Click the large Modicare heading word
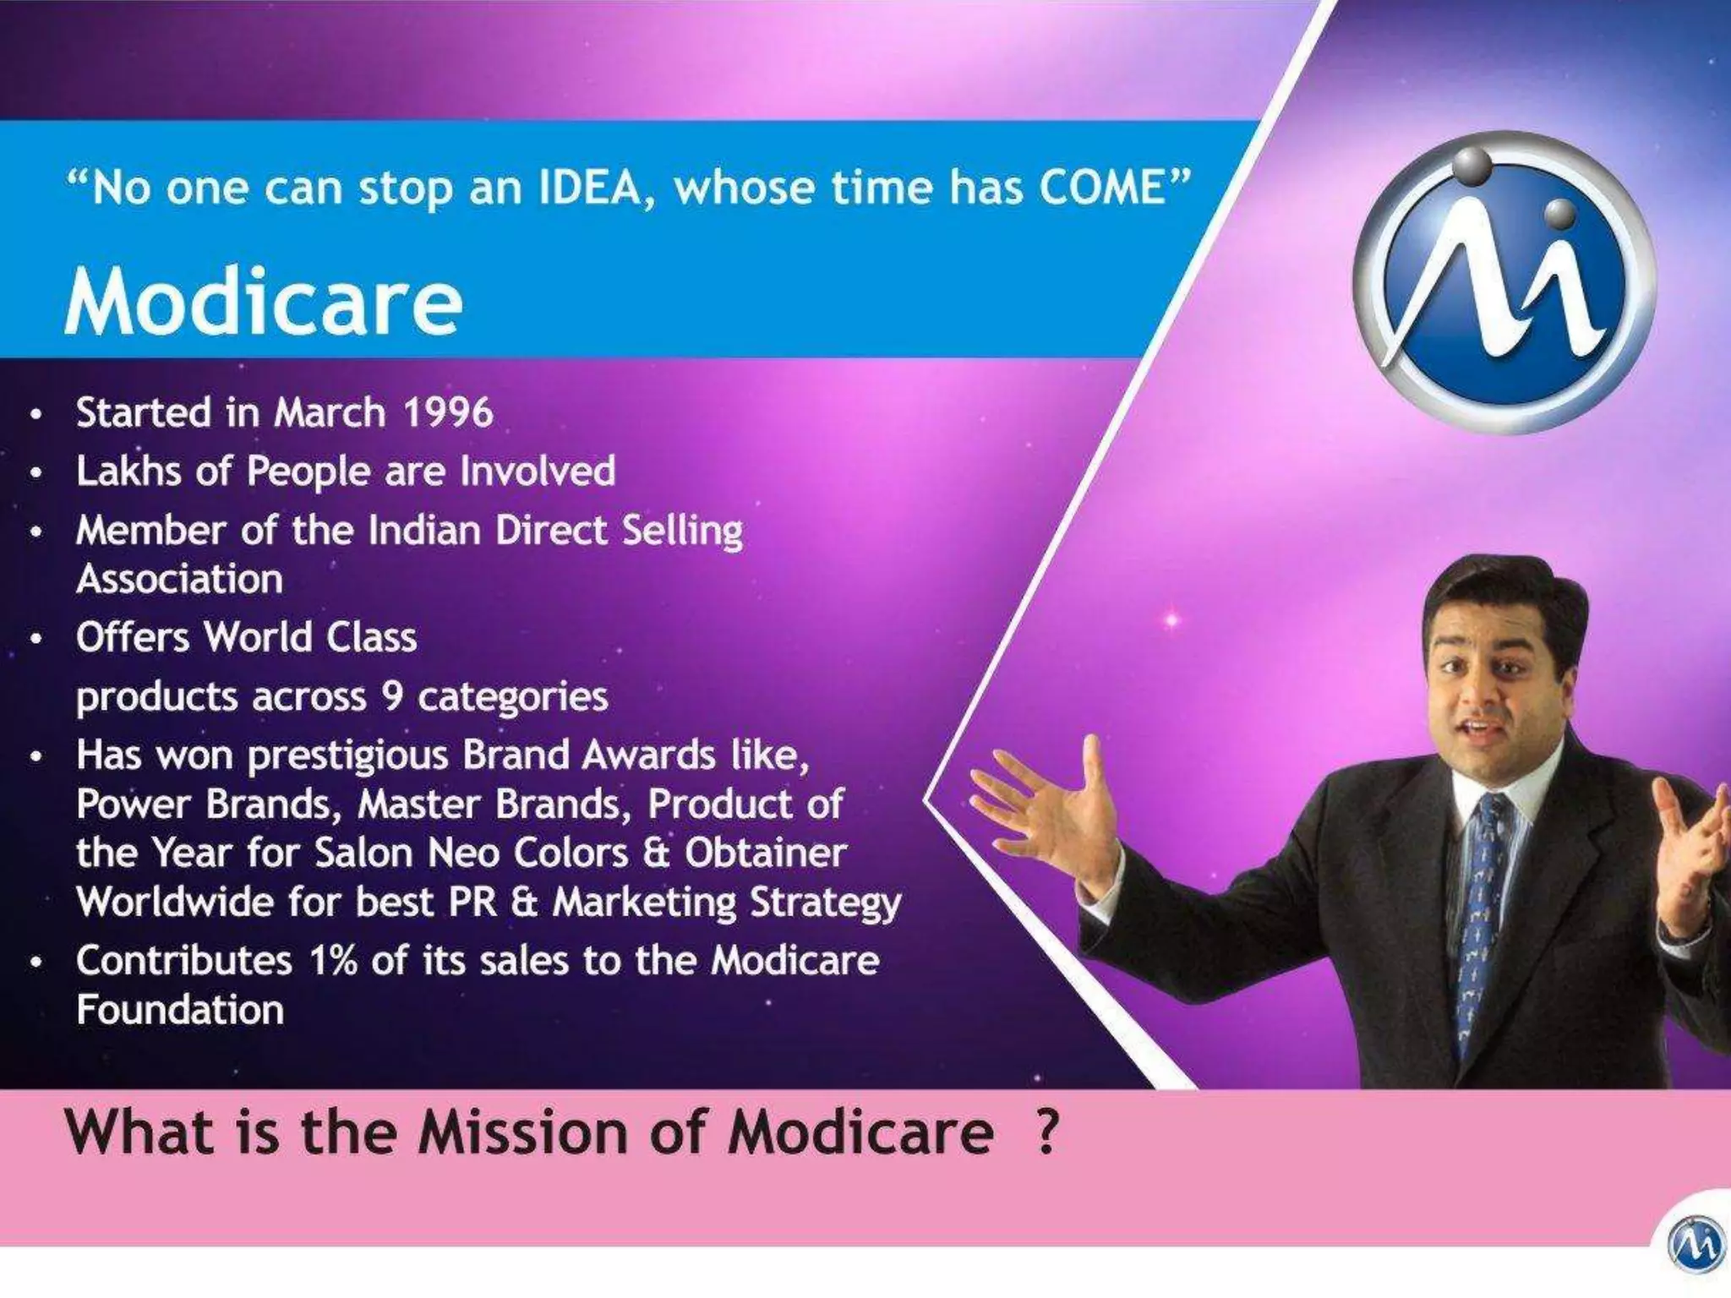coord(264,303)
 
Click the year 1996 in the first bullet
coord(447,413)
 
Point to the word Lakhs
coord(128,472)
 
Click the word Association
coord(179,580)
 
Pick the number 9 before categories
coord(391,697)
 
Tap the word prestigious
coord(347,755)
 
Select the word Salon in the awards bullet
coord(365,854)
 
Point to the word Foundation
coord(179,1011)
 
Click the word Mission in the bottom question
coord(523,1132)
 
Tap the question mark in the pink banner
coord(1046,1132)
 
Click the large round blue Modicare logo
coord(1505,283)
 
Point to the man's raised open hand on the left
coord(1048,811)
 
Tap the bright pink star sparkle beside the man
coord(1171,620)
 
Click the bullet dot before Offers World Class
coord(35,639)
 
